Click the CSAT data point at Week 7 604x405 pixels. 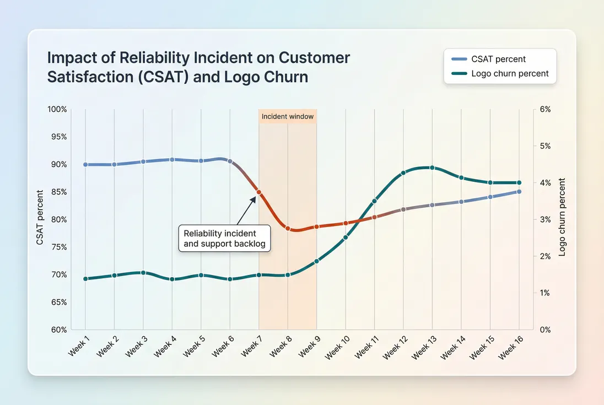(x=259, y=192)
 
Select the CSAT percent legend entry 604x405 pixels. (x=499, y=59)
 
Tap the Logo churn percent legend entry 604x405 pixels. (x=510, y=73)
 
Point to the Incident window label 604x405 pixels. (x=287, y=117)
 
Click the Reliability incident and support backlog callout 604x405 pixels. (x=225, y=238)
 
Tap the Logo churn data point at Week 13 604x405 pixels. (x=432, y=168)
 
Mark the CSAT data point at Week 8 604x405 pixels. (x=288, y=228)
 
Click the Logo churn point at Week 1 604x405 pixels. (x=85, y=279)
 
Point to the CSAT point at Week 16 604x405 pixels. (x=519, y=192)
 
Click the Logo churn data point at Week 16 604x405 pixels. (x=519, y=182)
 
